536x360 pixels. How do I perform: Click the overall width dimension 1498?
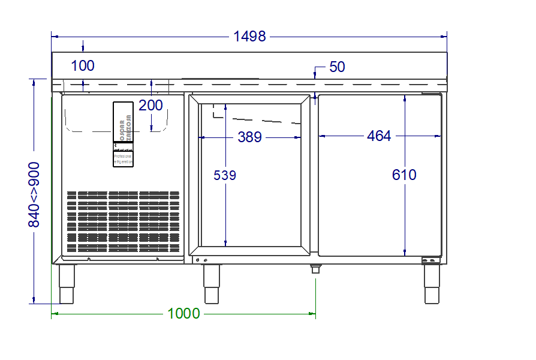(x=249, y=36)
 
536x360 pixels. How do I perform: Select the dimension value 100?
(x=83, y=65)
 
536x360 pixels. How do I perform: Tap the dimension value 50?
(x=337, y=67)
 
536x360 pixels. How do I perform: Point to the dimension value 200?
(x=150, y=106)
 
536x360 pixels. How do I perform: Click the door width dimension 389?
(x=249, y=137)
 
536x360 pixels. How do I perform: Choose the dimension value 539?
(x=225, y=175)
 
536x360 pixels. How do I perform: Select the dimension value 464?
(x=379, y=136)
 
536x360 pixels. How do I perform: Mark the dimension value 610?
(x=404, y=175)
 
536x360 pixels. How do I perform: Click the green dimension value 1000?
(x=183, y=313)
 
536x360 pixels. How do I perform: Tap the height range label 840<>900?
(x=34, y=194)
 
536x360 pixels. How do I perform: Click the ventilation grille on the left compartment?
(x=123, y=221)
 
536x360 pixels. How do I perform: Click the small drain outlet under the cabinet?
(x=315, y=269)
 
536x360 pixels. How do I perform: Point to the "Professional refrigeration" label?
(x=123, y=158)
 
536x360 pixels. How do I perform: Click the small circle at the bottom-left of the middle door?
(x=197, y=259)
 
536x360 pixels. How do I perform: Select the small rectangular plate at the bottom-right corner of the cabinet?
(x=430, y=260)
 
